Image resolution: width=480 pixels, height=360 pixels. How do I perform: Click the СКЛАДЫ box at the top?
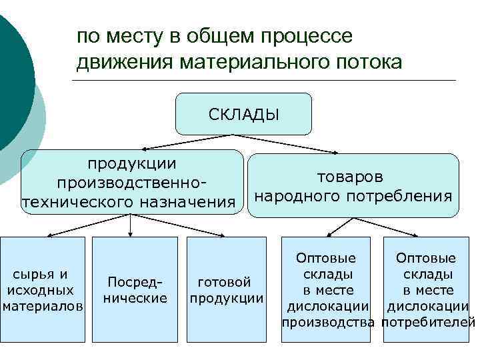click(x=243, y=114)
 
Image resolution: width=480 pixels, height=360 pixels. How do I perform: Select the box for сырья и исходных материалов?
click(x=43, y=290)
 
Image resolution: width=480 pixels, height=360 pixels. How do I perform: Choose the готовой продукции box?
click(x=226, y=290)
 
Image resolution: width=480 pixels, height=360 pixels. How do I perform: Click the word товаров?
click(x=350, y=177)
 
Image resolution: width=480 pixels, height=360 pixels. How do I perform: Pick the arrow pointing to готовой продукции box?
click(x=183, y=229)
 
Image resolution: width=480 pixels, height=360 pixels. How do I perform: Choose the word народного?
click(x=297, y=196)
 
